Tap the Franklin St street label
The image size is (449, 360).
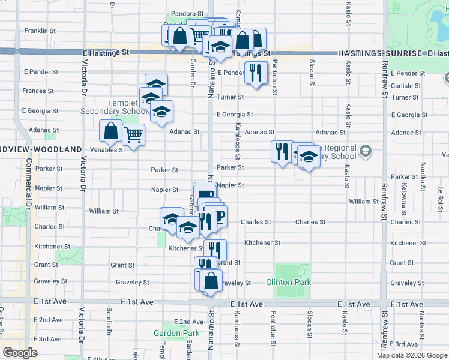pyautogui.click(x=40, y=30)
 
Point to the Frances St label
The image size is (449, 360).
pyautogui.click(x=38, y=91)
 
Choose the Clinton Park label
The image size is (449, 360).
pyautogui.click(x=288, y=282)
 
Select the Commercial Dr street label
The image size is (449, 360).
pyautogui.click(x=27, y=192)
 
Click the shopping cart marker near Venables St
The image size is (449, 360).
pyautogui.click(x=133, y=135)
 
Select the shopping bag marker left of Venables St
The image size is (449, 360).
pyautogui.click(x=111, y=131)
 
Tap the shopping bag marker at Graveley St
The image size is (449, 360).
pyautogui.click(x=211, y=281)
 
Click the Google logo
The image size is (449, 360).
pyautogui.click(x=20, y=353)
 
